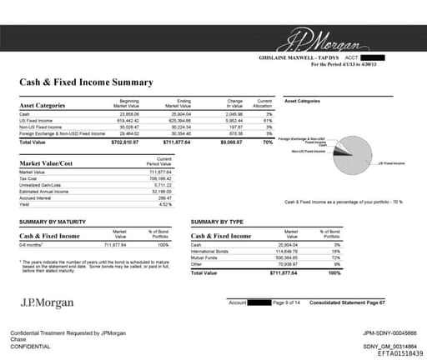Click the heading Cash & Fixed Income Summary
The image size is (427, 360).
click(x=86, y=82)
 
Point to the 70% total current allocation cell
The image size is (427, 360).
click(x=267, y=142)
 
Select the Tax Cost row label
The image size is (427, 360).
click(x=29, y=177)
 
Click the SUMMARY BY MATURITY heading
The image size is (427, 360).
click(x=54, y=222)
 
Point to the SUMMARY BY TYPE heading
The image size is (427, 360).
click(x=219, y=222)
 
